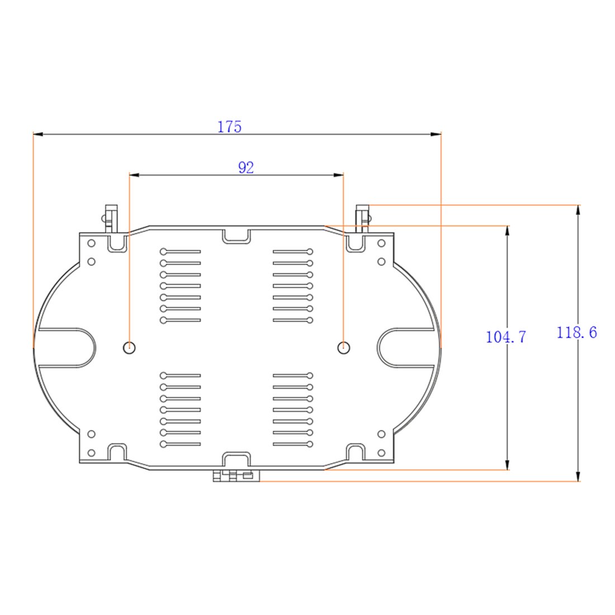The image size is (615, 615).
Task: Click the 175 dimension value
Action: [x=229, y=127]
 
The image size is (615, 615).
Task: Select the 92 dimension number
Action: [x=246, y=168]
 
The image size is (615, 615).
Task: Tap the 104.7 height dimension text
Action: [x=505, y=337]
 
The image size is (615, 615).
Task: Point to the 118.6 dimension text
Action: [x=576, y=333]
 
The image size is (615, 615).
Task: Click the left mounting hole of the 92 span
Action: [x=130, y=347]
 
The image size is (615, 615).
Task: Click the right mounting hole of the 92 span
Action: [x=344, y=347]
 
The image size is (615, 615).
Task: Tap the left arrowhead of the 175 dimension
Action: [x=39, y=134]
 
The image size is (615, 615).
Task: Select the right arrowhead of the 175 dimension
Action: [x=436, y=134]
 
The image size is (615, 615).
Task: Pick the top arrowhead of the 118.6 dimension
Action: [x=578, y=210]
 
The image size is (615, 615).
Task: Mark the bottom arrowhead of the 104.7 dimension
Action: [x=507, y=465]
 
